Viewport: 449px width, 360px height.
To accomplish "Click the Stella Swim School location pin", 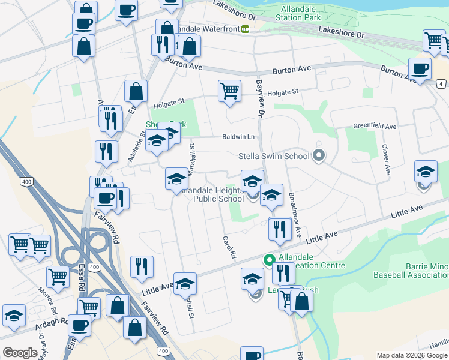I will click(x=319, y=157).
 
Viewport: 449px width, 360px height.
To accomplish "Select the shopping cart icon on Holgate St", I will click(x=229, y=91).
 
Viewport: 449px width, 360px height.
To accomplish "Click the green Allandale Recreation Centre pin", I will click(x=269, y=260).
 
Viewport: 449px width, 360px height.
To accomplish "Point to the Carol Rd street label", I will click(x=228, y=246).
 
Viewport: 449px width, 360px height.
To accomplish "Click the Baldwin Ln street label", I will click(x=238, y=137).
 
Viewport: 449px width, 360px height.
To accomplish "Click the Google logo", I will click(x=20, y=353).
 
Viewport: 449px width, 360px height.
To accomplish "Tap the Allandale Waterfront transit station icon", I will click(x=245, y=29).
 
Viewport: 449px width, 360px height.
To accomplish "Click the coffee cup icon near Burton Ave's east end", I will click(x=420, y=68).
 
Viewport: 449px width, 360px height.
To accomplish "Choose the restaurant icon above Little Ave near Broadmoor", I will click(x=280, y=229).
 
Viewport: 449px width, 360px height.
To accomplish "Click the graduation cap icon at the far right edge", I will click(x=426, y=172).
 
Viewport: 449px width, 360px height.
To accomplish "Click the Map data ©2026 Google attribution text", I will click(x=412, y=355).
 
